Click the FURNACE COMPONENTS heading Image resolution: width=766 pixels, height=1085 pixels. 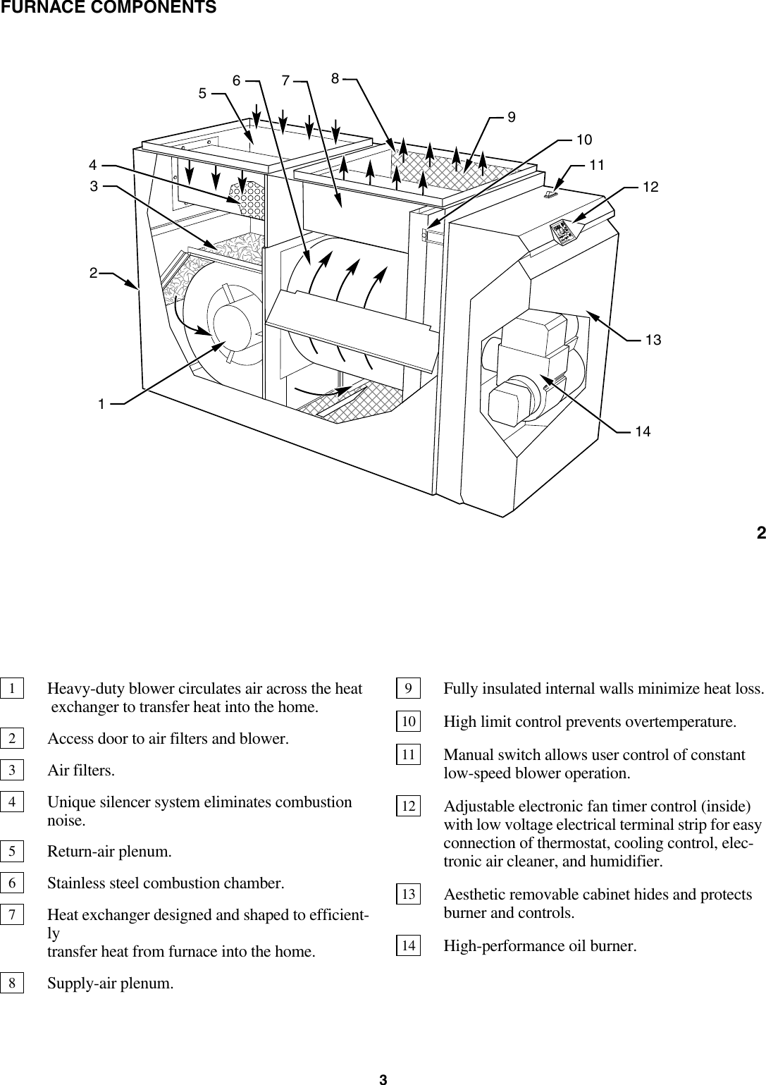click(x=108, y=8)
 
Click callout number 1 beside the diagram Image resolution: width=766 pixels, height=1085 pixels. click(x=102, y=404)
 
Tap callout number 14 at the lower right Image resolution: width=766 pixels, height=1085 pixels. click(x=642, y=431)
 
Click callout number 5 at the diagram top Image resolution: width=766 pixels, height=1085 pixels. click(x=203, y=92)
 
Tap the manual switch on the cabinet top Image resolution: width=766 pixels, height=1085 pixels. click(x=552, y=192)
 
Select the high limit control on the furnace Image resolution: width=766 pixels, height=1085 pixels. click(x=425, y=233)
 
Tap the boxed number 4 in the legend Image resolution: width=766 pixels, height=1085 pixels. click(x=12, y=802)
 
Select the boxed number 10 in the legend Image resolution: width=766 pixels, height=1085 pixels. click(x=408, y=722)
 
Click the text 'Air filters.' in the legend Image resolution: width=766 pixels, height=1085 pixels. click(x=81, y=770)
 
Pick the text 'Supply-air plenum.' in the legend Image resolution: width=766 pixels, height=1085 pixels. click(x=111, y=983)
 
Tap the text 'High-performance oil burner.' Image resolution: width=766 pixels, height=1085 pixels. click(x=540, y=945)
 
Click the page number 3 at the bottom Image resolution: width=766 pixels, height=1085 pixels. click(x=383, y=1078)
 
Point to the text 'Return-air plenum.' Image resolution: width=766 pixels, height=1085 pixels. click(x=109, y=851)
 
